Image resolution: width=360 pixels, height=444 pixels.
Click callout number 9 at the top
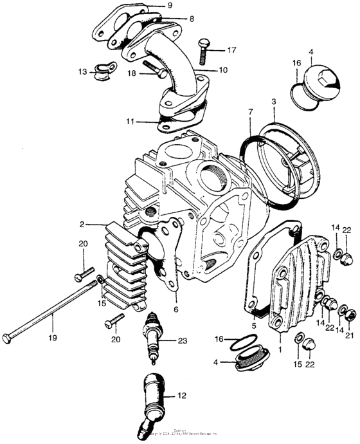click(x=170, y=6)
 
